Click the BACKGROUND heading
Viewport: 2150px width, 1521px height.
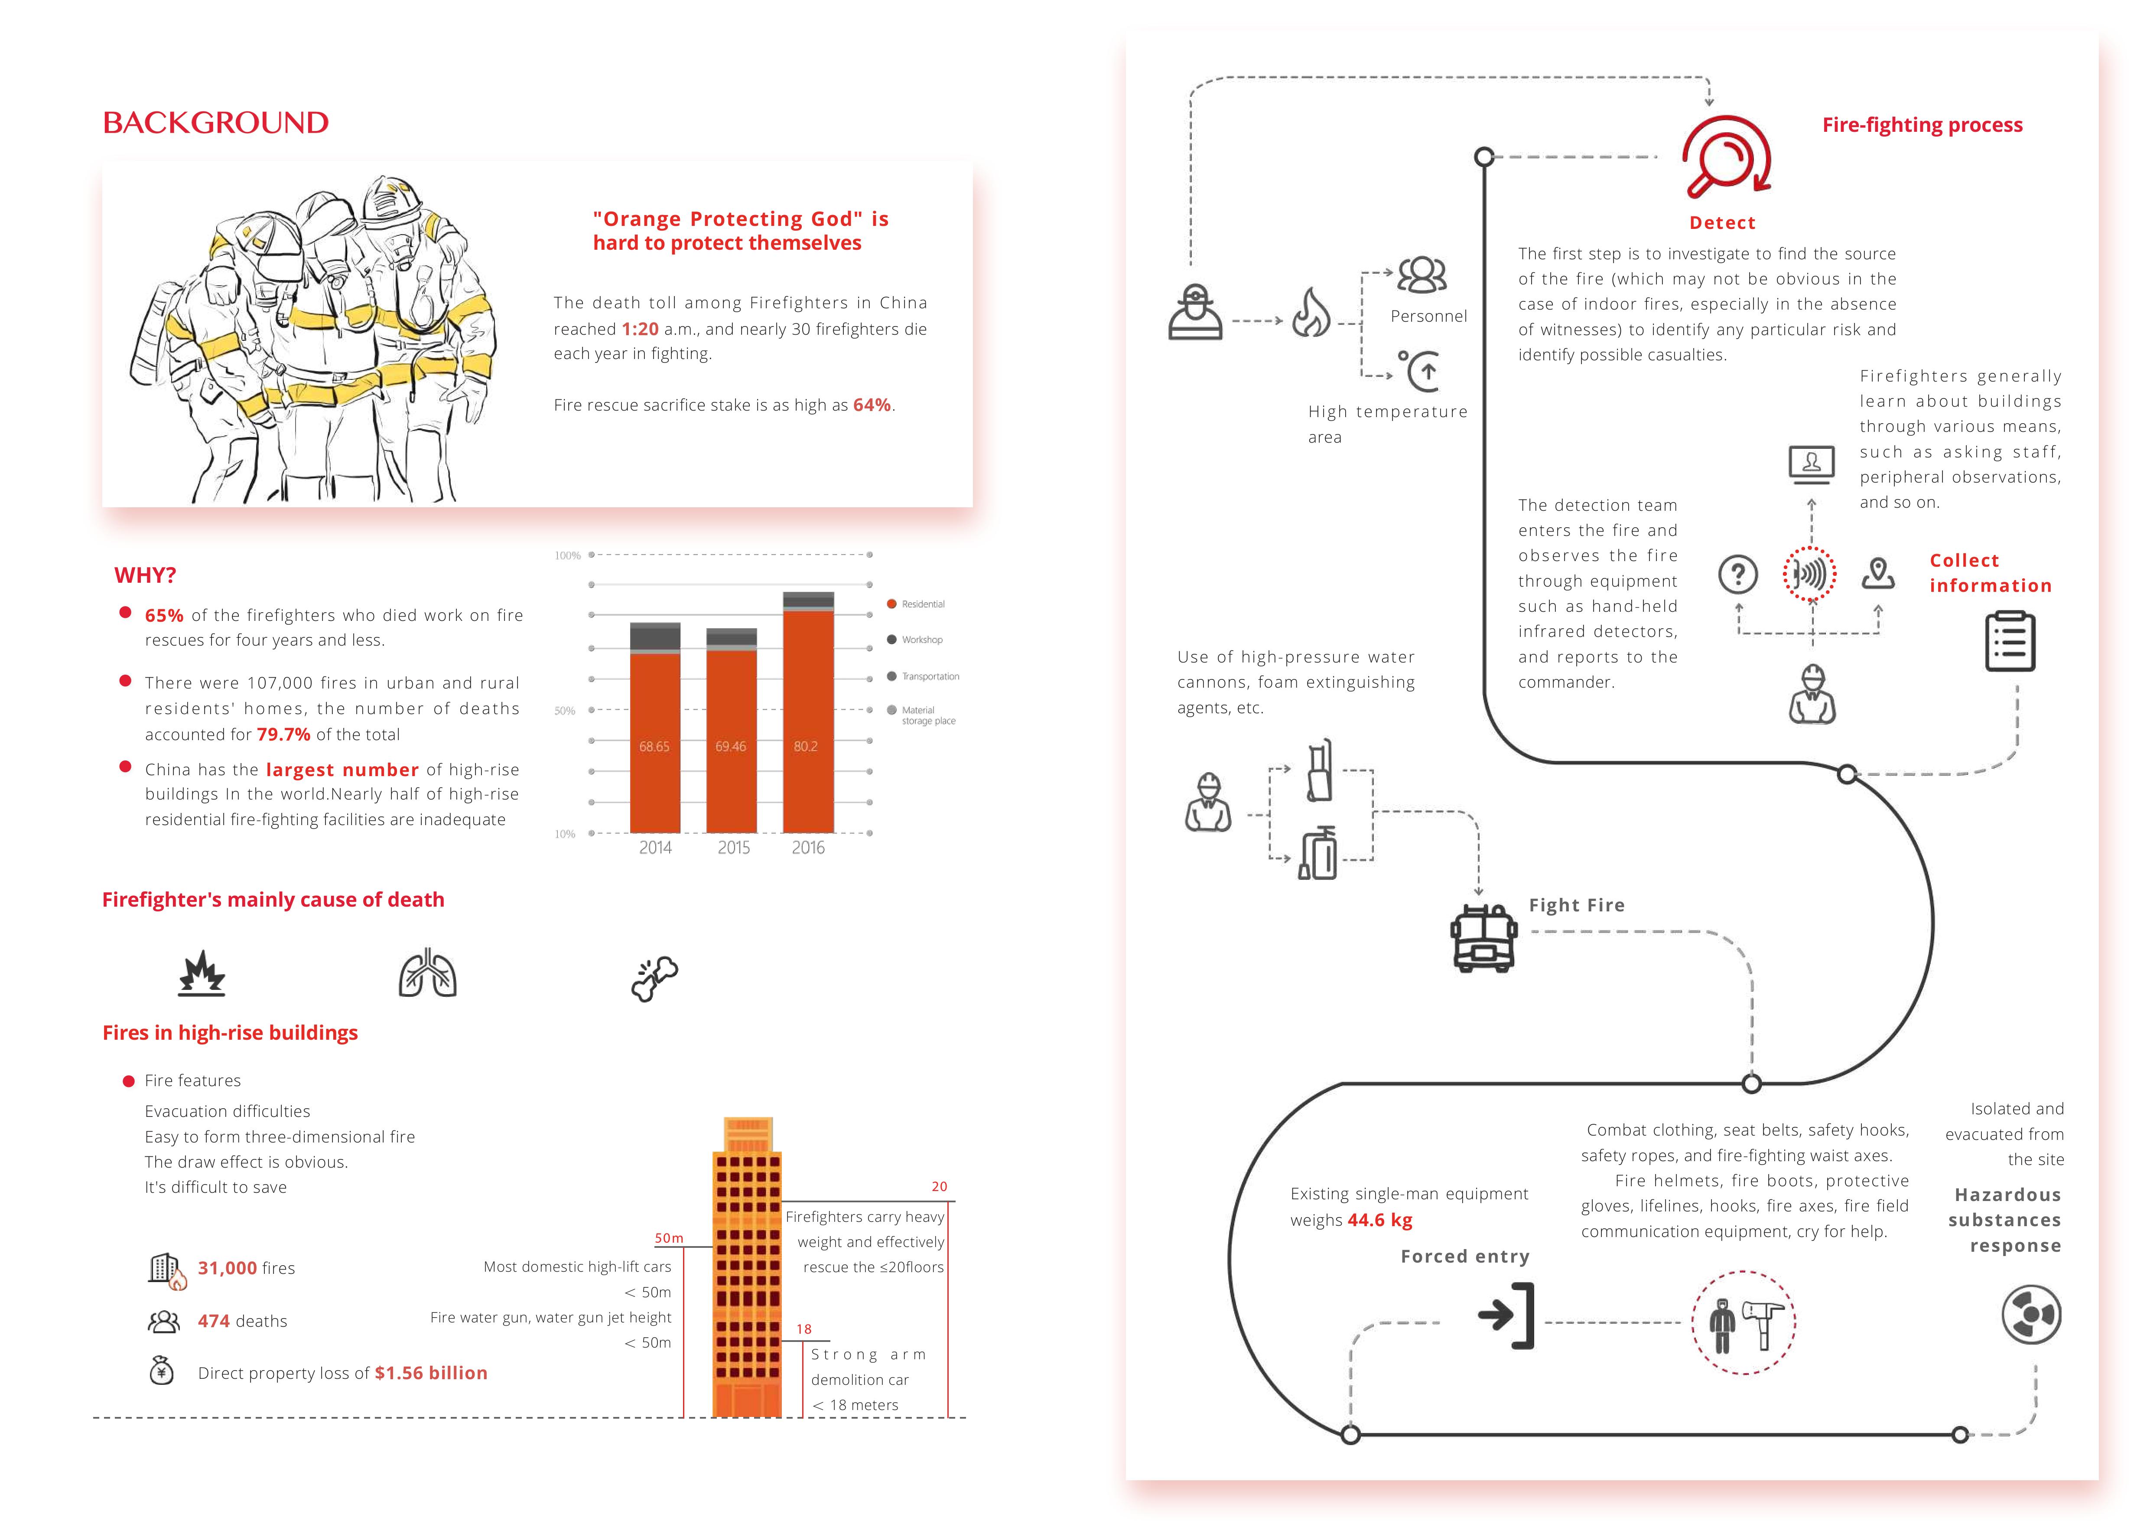[x=215, y=123]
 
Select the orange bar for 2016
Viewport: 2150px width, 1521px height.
[x=807, y=721]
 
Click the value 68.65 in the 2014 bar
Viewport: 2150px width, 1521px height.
[x=654, y=747]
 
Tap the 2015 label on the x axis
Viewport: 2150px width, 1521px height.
[x=733, y=848]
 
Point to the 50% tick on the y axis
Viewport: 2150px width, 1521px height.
[x=565, y=711]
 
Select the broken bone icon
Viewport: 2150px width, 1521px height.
[x=654, y=979]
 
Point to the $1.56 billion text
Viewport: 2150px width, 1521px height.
[x=431, y=1373]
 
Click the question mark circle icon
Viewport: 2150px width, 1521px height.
[x=1738, y=574]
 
